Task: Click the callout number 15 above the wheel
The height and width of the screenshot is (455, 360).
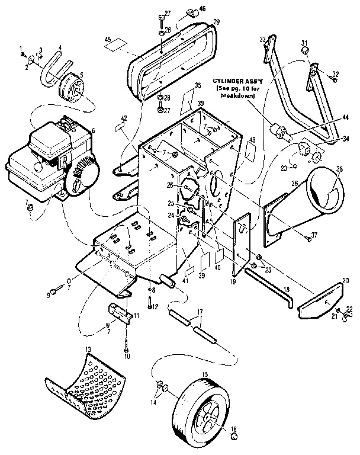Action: tap(205, 374)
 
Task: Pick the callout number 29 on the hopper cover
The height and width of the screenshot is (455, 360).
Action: tap(216, 21)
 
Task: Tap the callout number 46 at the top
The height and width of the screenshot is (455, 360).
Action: tap(202, 9)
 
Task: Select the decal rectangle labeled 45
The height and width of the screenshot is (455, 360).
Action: tap(117, 44)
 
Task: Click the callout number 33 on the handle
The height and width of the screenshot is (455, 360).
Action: tap(262, 39)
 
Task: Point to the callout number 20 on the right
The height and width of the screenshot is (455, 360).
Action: tap(345, 280)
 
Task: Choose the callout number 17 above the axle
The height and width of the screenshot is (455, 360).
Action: tap(200, 311)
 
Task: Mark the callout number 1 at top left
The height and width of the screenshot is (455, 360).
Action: tap(21, 47)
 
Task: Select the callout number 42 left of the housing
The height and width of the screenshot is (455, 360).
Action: tap(124, 118)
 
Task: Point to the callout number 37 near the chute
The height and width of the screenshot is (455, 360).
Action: tap(314, 235)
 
